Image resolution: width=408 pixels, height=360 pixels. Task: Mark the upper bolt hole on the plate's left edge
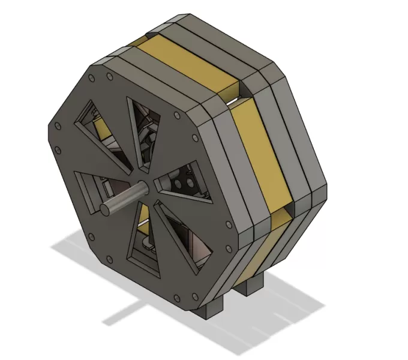pos(58,127)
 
